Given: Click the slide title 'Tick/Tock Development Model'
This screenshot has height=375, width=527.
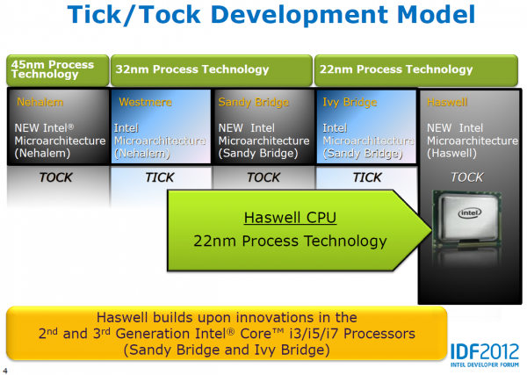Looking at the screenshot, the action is (x=271, y=15).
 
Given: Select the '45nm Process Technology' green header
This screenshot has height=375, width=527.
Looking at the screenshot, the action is (x=58, y=70).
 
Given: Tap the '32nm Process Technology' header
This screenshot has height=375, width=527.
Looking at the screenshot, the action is (x=212, y=70).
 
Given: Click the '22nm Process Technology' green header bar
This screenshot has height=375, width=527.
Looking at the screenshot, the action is (x=416, y=70).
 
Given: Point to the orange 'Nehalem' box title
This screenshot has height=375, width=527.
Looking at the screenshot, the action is (x=40, y=102).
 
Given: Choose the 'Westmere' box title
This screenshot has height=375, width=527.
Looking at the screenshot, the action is (x=145, y=102).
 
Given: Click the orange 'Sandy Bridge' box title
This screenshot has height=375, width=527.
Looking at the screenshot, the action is (x=254, y=102).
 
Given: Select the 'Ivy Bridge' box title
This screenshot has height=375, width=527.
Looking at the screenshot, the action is (x=350, y=102).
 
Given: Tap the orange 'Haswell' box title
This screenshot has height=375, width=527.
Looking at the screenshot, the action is (x=447, y=102).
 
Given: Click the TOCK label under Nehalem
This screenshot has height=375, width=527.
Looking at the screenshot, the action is (x=56, y=177).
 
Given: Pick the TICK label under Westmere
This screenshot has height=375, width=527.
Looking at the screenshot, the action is (x=160, y=177).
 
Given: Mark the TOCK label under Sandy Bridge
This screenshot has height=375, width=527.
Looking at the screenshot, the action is (x=263, y=177).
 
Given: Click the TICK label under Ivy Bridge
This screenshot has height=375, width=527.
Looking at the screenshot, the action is (x=367, y=177).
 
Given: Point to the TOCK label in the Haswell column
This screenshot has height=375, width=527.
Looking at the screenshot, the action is (x=467, y=177).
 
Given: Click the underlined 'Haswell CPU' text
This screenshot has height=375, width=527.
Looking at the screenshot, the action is (x=290, y=218).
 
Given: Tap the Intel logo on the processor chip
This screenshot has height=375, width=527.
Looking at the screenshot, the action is (x=470, y=213).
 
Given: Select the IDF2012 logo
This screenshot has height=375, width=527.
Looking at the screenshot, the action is (x=485, y=355).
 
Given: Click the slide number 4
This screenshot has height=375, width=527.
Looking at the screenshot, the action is (x=4, y=371).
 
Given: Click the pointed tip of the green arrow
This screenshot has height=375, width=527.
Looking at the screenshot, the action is (x=431, y=230).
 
